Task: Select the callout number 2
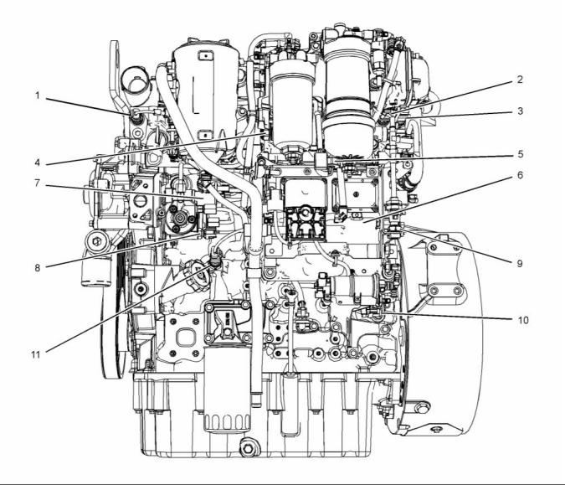[521, 80]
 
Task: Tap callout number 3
[521, 111]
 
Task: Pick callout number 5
[521, 153]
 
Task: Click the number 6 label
[521, 176]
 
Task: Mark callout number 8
[37, 268]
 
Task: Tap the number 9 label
[519, 262]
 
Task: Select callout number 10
[519, 319]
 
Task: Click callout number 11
[37, 355]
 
